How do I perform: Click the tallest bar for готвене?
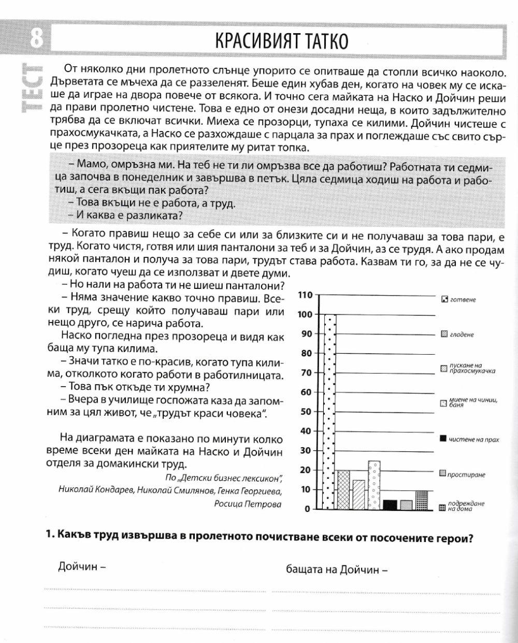330,412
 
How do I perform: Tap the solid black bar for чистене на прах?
390,505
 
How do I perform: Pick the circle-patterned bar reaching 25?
374,485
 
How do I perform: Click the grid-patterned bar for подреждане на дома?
422,500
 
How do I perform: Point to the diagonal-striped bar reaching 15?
358,495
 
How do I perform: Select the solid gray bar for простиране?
406,505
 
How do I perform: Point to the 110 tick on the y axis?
305,295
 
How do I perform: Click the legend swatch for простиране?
443,474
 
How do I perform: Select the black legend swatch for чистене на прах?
443,439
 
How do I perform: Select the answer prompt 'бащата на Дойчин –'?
337,570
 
